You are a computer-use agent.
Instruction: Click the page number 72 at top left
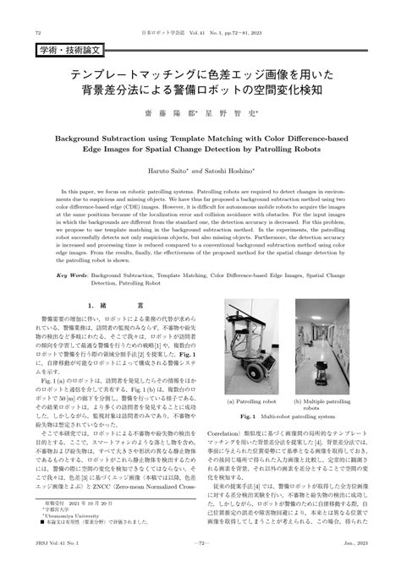tap(38, 32)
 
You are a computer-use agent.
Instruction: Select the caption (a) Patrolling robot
tap(252, 402)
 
